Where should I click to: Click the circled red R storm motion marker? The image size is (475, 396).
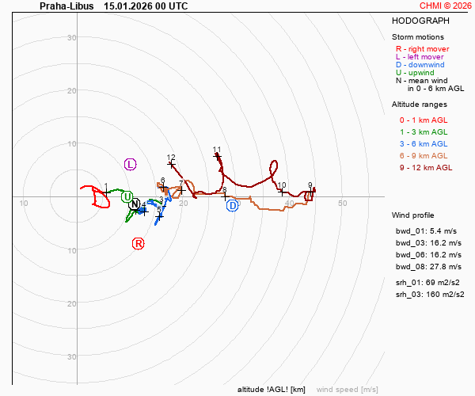pos(139,243)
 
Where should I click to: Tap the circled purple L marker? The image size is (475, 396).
pos(131,164)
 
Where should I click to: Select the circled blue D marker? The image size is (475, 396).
pos(232,206)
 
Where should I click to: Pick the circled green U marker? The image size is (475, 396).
pos(127,196)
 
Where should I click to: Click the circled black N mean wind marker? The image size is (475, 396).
pos(135,204)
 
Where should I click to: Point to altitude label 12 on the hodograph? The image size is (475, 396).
pos(171,158)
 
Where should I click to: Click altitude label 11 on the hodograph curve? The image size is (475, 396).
pos(217,150)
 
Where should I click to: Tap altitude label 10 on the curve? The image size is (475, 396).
pos(282,185)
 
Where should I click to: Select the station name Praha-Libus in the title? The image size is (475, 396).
pos(66,6)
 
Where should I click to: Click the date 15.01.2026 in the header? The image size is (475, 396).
pos(125,6)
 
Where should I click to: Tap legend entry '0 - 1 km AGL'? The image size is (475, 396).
pos(424,120)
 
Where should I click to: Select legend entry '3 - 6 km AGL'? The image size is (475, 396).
pos(424,143)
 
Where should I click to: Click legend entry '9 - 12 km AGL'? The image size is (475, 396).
pos(426,167)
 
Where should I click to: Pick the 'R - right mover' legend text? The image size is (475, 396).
pos(423,49)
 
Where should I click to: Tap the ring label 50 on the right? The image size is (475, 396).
pos(343,204)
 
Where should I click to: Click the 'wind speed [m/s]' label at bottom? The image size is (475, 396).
pos(347,390)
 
